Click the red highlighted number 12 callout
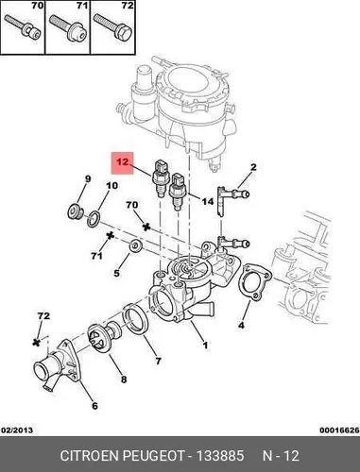tap(123, 163)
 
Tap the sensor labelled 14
tap(177, 191)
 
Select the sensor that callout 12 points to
tap(161, 178)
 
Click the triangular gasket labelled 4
tap(254, 282)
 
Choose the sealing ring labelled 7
tap(135, 321)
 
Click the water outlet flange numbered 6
tap(58, 365)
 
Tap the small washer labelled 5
tap(136, 245)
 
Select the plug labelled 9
tap(76, 211)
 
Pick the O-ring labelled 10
tap(94, 219)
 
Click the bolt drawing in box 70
tap(22, 26)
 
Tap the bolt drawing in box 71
tap(68, 27)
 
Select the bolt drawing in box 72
tap(112, 27)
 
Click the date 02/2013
tap(17, 430)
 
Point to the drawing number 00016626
tap(339, 430)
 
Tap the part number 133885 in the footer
tap(220, 456)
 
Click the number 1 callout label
tap(205, 346)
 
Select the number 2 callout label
tap(253, 167)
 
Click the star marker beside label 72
tap(37, 342)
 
